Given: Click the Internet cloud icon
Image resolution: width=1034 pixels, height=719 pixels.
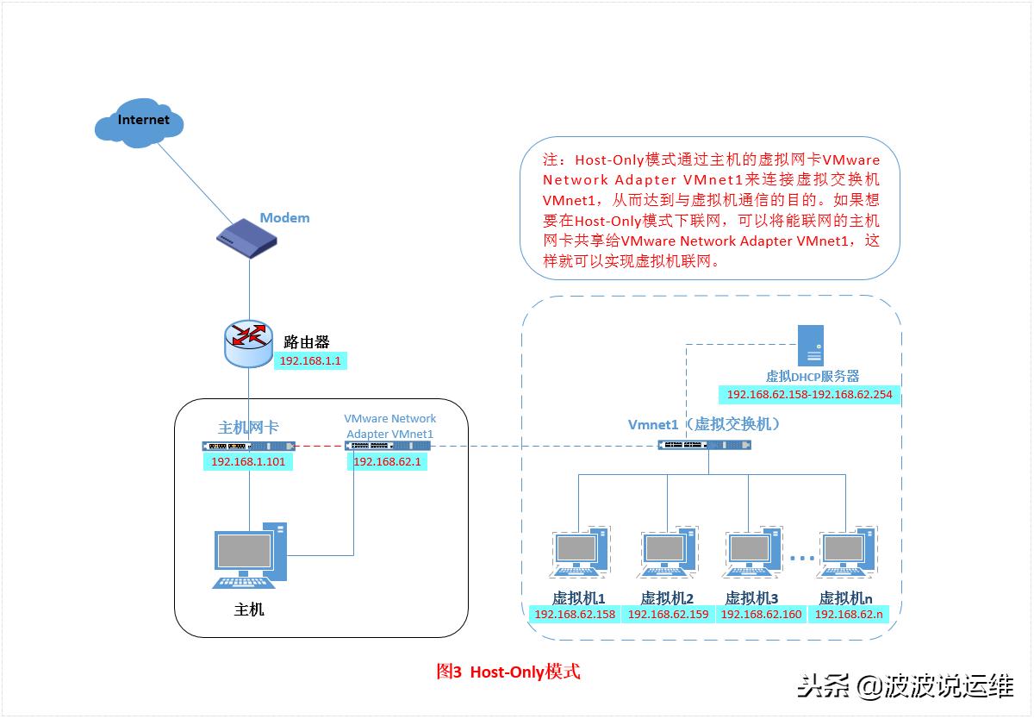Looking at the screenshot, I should [x=140, y=122].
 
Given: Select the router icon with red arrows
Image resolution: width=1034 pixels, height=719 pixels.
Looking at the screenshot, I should [x=249, y=342].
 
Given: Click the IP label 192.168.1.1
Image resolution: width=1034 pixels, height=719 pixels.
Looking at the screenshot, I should [x=311, y=361].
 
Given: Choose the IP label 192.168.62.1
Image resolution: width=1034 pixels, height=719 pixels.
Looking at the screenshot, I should [x=387, y=462].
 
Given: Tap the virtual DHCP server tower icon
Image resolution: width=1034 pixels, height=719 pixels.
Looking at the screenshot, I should [x=811, y=346].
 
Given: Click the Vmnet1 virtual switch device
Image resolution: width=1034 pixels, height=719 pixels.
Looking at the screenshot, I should [x=704, y=445].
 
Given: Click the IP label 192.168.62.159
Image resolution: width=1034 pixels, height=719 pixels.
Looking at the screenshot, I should [x=668, y=615].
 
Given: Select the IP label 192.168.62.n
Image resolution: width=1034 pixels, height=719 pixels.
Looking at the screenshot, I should [x=849, y=615].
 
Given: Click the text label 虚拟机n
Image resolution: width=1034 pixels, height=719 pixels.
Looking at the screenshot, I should [x=845, y=598].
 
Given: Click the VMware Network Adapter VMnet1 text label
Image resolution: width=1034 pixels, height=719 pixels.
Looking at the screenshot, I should [x=389, y=426].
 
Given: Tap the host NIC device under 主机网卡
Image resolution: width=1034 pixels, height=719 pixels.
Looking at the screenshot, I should [x=248, y=446].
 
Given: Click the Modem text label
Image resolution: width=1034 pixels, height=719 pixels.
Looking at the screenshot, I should [x=284, y=217].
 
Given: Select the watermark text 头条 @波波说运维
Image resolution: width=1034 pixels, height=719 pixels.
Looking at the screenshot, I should [x=905, y=687].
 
